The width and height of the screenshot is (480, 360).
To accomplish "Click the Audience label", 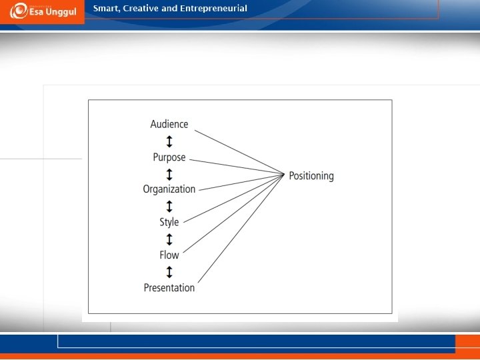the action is (169, 124).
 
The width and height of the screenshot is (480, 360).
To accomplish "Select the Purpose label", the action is (169, 158).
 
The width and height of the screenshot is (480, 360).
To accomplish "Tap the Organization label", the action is (169, 189).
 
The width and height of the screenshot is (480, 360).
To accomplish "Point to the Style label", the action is (169, 222).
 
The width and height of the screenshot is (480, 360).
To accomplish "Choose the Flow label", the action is (169, 255).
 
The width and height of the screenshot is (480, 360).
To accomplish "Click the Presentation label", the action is (169, 288).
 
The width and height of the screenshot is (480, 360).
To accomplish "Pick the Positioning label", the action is (311, 176).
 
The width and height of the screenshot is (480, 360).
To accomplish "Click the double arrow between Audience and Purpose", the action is (169, 141).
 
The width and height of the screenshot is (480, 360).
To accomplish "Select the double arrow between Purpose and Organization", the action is (169, 174).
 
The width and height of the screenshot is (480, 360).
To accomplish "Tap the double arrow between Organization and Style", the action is (169, 206).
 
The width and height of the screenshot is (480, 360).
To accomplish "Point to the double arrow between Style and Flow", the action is (169, 239).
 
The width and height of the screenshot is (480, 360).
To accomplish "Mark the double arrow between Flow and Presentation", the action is (169, 271).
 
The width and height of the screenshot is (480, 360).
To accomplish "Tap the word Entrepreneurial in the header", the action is (213, 9).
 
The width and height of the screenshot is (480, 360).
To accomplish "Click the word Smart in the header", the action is (107, 9).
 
